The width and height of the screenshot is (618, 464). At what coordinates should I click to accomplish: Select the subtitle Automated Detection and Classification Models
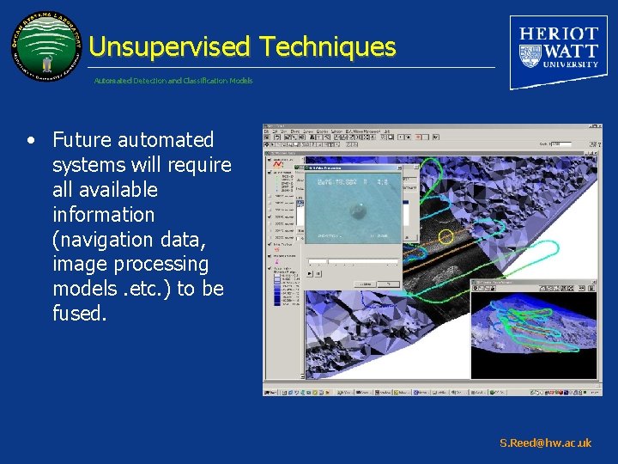173,81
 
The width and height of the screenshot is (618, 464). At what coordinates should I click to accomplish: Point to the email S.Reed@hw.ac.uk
545,443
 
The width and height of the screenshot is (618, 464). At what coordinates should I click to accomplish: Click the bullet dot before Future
31,140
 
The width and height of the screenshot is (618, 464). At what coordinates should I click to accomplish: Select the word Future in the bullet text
84,139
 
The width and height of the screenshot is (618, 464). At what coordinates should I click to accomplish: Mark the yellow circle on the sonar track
445,235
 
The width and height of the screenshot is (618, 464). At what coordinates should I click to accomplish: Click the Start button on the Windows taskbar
274,392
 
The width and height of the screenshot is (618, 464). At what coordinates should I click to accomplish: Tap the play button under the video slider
309,273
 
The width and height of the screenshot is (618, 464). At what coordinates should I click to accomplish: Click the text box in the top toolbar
560,143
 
